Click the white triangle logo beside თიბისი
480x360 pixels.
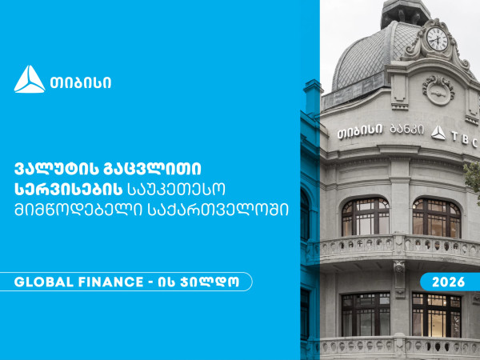[x=30, y=79]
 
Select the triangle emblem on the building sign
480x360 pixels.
[x=438, y=131]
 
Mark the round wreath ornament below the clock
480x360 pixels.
[x=438, y=88]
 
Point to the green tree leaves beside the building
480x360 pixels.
[x=473, y=171]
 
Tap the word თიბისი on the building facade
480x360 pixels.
[x=358, y=129]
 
